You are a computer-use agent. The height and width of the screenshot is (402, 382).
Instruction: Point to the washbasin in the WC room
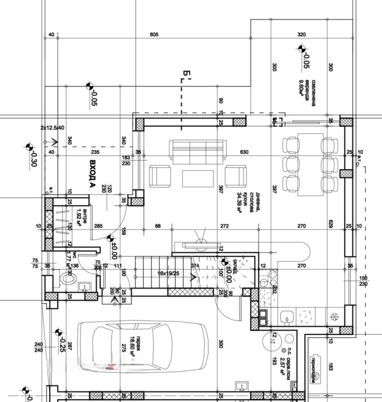(86, 287)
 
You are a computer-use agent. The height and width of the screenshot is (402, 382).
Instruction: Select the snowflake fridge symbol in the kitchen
(334, 316)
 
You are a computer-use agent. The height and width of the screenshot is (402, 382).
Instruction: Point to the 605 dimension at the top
(154, 35)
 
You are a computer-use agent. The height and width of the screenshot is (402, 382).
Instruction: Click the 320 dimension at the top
(301, 35)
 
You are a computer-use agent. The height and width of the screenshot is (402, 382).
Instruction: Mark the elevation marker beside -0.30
(28, 146)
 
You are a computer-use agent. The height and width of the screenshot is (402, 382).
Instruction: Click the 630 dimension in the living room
(244, 152)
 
